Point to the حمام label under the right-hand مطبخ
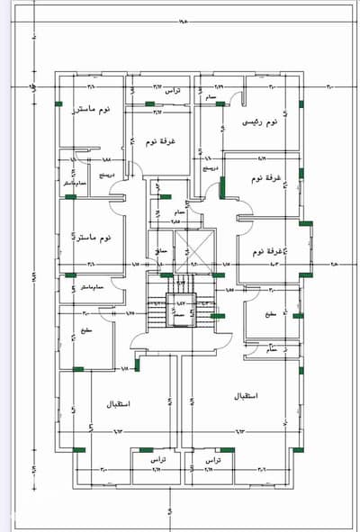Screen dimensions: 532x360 (x=272, y=349)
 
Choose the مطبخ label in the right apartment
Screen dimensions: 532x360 (x=270, y=314)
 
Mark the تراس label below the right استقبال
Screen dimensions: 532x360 (x=212, y=458)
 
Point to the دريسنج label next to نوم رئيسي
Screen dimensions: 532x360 (x=210, y=167)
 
